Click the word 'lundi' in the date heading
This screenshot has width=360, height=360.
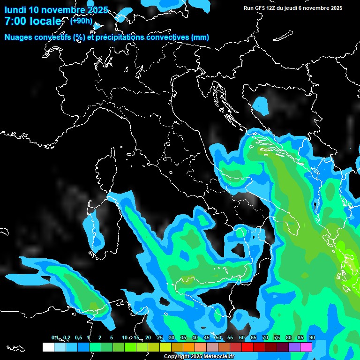tap(15, 10)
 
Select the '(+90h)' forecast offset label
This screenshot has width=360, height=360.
tap(81, 21)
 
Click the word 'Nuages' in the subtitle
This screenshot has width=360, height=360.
tap(18, 37)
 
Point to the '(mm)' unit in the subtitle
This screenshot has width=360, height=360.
tap(200, 37)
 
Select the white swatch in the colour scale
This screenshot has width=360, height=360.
tap(48, 347)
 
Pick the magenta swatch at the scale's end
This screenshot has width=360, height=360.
tap(306, 347)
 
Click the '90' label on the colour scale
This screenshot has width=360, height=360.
tap(312, 338)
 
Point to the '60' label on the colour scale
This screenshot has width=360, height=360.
tap(241, 338)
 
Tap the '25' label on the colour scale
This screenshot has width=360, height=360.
tap(159, 338)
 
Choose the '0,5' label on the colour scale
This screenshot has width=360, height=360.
tap(78, 338)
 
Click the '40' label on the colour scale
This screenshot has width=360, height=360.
tap(195, 338)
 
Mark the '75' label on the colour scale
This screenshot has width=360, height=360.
tap(277, 338)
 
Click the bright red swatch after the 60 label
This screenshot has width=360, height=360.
tap(247, 347)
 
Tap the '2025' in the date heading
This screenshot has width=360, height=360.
tap(97, 10)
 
